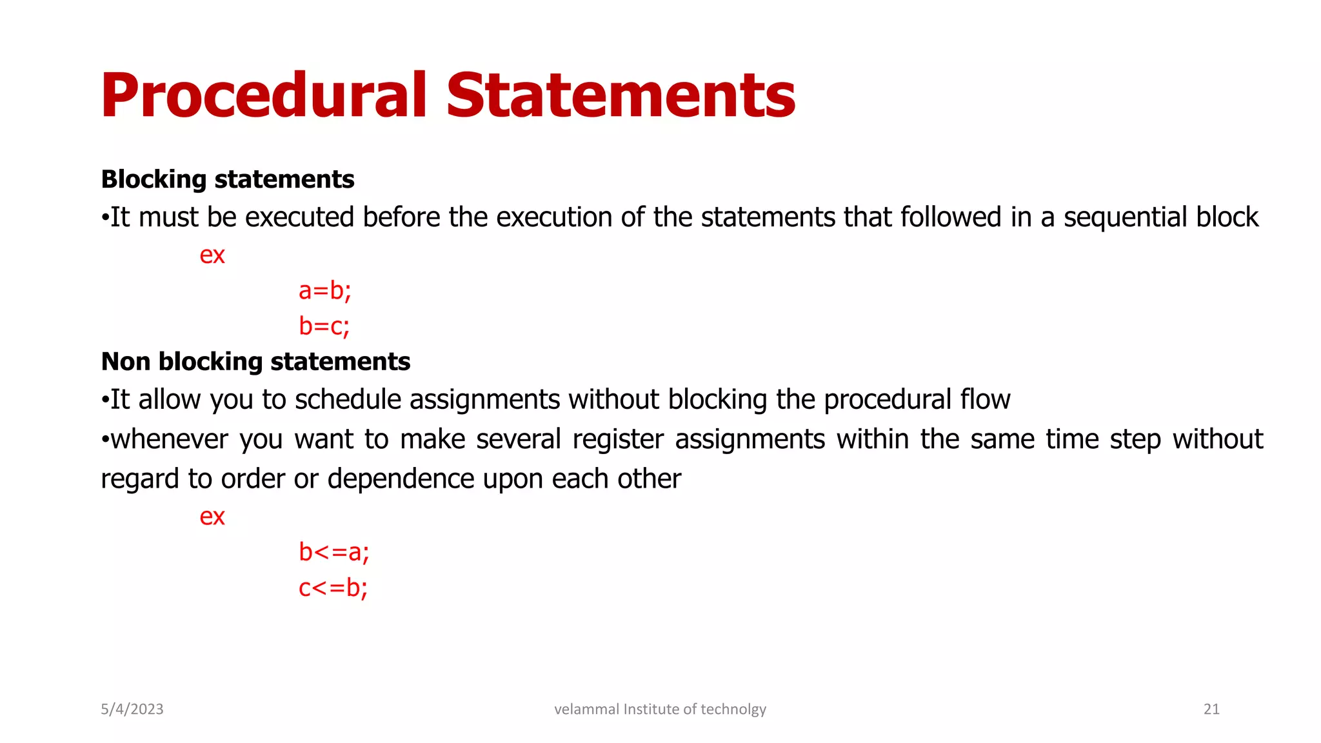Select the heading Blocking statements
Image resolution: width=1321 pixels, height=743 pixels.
(x=228, y=179)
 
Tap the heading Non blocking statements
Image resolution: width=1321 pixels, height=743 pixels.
(x=255, y=362)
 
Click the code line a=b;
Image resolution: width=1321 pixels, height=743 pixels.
(x=324, y=291)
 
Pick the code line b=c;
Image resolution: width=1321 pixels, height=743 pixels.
(x=324, y=326)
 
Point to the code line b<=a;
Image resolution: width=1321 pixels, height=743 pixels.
(x=333, y=553)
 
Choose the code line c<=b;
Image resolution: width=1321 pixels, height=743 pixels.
(x=333, y=588)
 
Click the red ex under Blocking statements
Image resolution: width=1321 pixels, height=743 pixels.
(x=212, y=255)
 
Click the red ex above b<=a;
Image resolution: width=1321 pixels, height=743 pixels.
(x=212, y=517)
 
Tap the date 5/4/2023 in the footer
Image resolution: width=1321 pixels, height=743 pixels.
(x=132, y=709)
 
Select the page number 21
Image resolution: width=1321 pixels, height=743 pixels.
(x=1211, y=709)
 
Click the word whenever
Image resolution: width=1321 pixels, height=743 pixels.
(x=169, y=440)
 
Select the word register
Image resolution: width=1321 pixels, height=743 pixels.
(x=617, y=440)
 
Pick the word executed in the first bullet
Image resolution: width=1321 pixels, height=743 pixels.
(x=299, y=218)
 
